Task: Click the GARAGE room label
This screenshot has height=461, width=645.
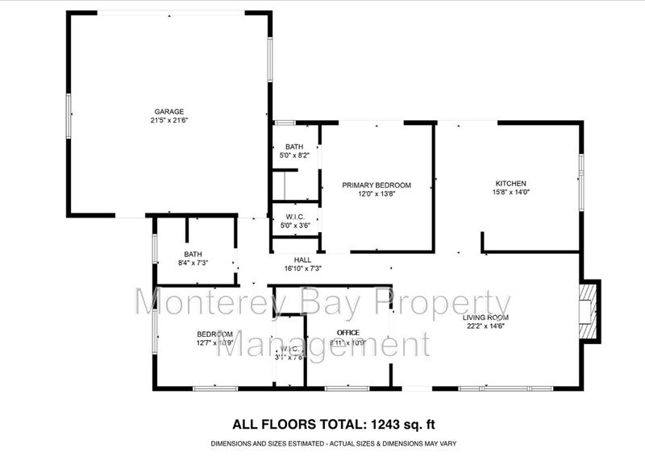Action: [x=169, y=111]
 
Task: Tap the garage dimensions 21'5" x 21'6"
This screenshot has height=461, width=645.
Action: [x=169, y=120]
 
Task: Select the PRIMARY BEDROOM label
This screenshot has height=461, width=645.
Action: [x=377, y=185]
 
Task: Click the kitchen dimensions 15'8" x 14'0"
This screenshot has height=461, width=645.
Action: [x=510, y=193]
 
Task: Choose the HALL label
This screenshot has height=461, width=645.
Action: [x=303, y=260]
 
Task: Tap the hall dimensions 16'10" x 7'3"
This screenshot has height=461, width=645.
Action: [x=303, y=268]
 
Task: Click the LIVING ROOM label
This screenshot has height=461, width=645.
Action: [x=486, y=318]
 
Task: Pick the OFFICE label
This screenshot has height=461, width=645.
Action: [x=348, y=333]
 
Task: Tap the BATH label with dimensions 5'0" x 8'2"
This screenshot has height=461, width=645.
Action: [x=293, y=147]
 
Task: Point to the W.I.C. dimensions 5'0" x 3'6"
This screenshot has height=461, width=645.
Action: [x=293, y=226]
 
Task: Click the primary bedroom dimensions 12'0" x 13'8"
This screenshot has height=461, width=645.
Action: [x=377, y=194]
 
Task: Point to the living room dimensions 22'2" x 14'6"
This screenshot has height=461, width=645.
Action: [x=486, y=327]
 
